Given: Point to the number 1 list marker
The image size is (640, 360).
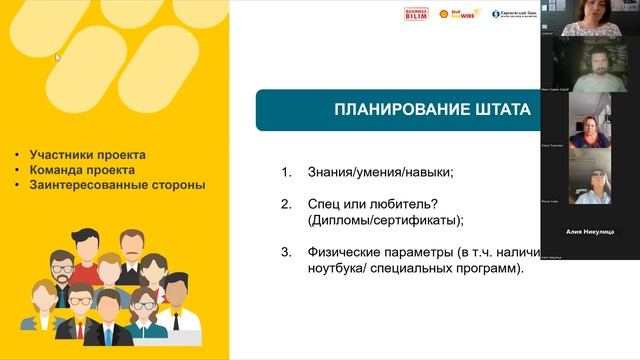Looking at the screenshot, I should [x=285, y=172].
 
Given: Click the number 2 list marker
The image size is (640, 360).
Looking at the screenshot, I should [x=285, y=204].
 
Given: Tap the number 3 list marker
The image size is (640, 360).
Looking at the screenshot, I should [x=285, y=252].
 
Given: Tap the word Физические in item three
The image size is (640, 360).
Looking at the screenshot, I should [x=345, y=252].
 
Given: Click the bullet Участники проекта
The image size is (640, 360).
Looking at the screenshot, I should [x=87, y=155].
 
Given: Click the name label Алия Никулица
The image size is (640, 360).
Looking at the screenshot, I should [x=590, y=231].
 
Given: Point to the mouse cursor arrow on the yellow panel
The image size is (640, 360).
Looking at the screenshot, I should [x=57, y=57].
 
